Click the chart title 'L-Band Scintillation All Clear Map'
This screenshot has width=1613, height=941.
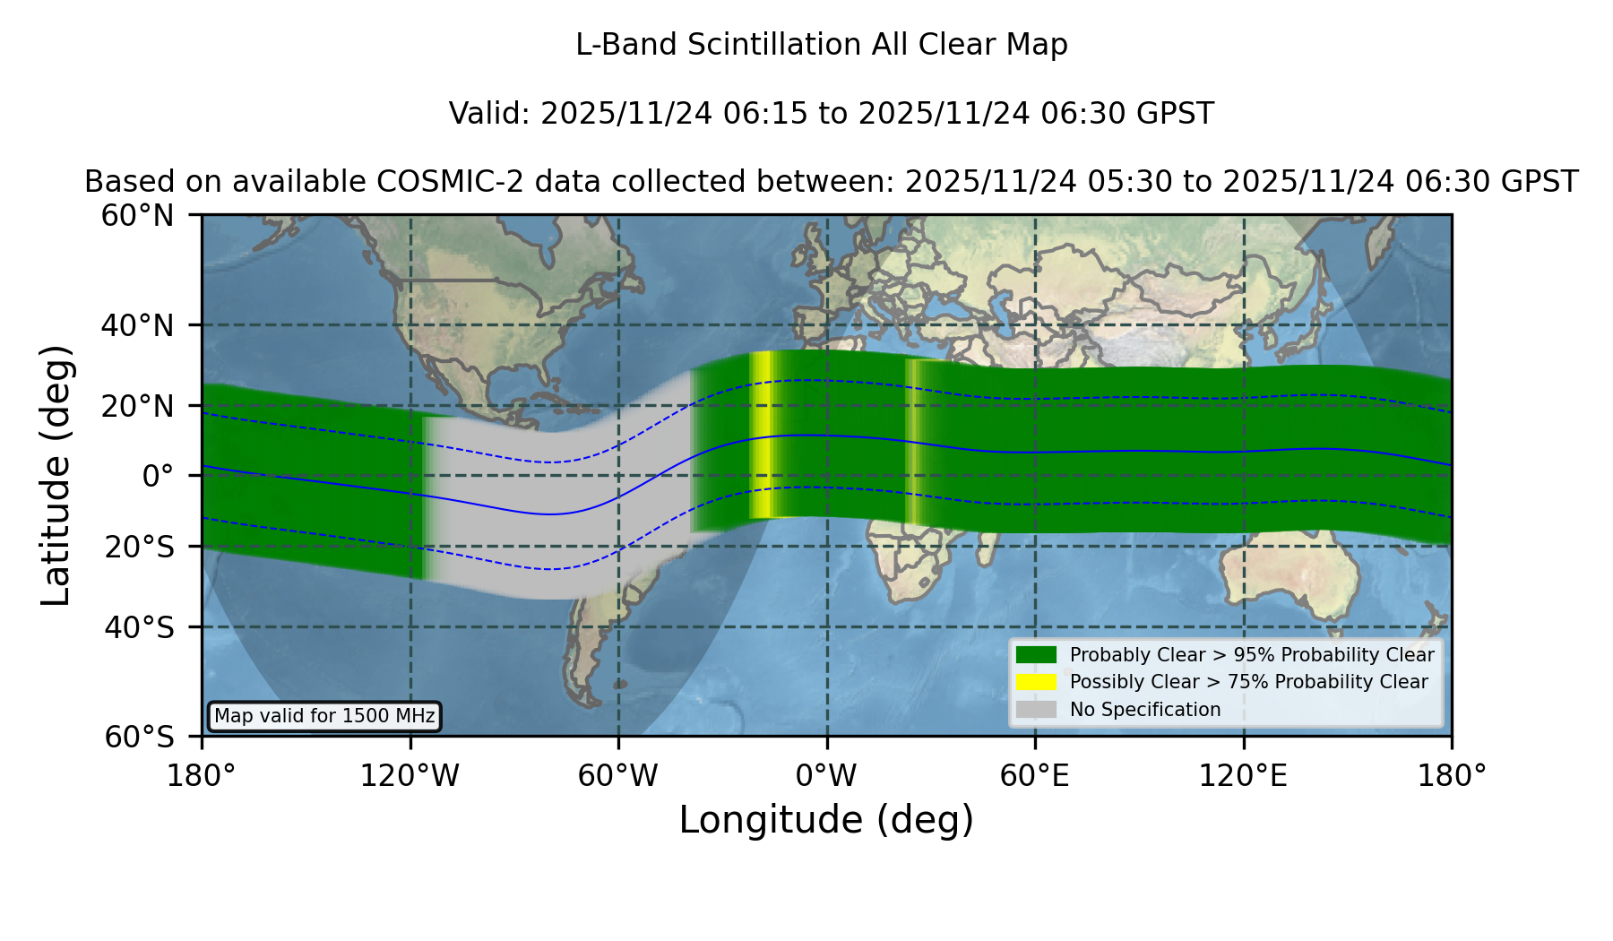822,45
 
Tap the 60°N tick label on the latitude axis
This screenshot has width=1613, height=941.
138,216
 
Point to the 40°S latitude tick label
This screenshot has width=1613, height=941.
140,627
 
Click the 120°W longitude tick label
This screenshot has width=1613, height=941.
410,776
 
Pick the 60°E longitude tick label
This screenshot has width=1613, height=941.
1035,776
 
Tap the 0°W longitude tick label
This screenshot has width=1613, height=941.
827,776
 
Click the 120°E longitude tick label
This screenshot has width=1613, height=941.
1244,776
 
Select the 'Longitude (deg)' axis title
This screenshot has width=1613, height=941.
826,821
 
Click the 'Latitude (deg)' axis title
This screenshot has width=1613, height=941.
56,475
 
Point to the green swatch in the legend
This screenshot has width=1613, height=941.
1037,655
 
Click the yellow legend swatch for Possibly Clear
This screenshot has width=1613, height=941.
1037,682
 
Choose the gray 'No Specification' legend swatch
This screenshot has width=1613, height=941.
1037,710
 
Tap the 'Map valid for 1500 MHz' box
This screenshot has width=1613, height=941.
324,716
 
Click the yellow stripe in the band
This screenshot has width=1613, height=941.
762,436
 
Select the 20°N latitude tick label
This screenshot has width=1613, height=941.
138,406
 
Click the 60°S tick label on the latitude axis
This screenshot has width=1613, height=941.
140,737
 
